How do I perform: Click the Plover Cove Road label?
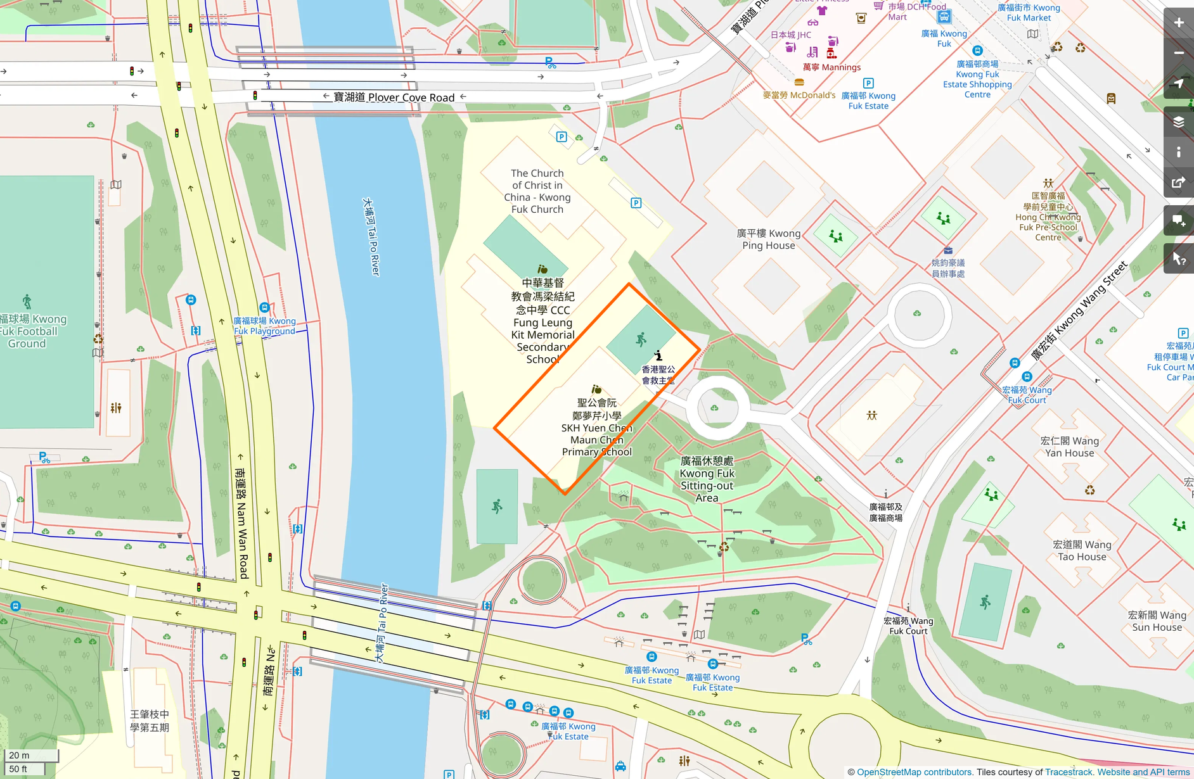click(x=394, y=97)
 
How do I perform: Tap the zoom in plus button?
click(x=1178, y=23)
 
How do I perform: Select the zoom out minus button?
click(x=1178, y=53)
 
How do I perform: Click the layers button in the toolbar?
click(x=1178, y=122)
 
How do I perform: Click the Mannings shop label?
click(x=831, y=67)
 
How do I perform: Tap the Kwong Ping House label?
click(x=768, y=239)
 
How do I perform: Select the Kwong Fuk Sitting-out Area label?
click(x=707, y=479)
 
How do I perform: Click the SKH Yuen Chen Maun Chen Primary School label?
click(x=596, y=427)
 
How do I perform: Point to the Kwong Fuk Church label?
click(x=537, y=191)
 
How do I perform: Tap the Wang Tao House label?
click(x=1082, y=550)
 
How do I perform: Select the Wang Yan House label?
click(x=1070, y=446)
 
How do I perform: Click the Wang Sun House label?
click(x=1157, y=621)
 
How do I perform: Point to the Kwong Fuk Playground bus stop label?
click(x=264, y=326)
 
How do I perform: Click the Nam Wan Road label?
click(x=241, y=523)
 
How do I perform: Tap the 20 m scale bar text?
click(x=19, y=755)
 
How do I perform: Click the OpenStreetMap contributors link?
click(x=914, y=772)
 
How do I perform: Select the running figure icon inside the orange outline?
click(x=641, y=339)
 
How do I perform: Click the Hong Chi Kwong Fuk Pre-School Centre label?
click(x=1048, y=217)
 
